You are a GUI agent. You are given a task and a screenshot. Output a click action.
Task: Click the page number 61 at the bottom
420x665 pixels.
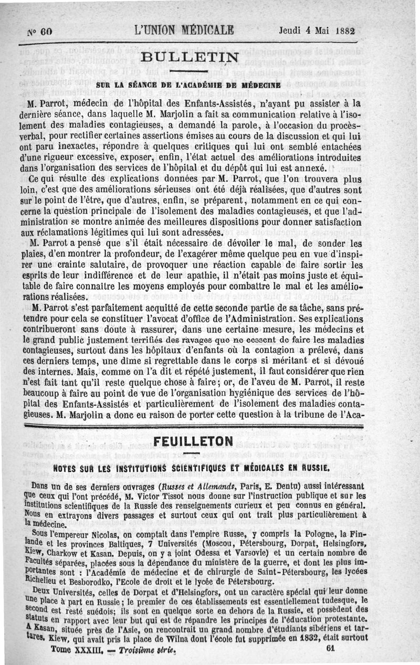(331, 649)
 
